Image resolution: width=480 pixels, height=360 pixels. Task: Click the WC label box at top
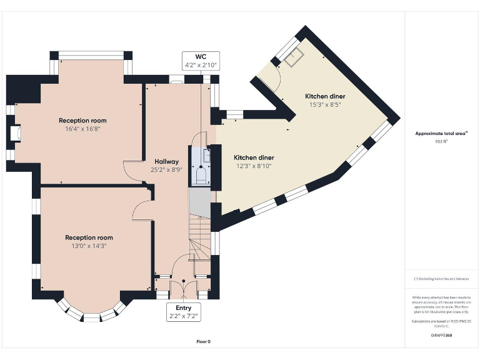coord(200,61)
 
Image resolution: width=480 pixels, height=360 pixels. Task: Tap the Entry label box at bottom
coord(184,312)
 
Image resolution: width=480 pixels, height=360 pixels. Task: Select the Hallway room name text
coord(166,162)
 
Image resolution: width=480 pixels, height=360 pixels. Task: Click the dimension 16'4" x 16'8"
coord(82,129)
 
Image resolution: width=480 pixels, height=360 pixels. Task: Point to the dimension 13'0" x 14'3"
coord(89,246)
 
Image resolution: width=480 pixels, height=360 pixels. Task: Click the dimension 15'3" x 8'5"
coord(325,104)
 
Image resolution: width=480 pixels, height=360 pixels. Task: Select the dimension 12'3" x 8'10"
coord(254,166)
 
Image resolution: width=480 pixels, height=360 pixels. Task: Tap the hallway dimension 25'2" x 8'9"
coord(166,169)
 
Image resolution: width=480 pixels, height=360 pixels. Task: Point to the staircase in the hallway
coord(200,237)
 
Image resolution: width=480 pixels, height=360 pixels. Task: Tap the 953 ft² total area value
coord(441,142)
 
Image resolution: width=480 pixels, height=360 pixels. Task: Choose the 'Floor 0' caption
coord(202,342)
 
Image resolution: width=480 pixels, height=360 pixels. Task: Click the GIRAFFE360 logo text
coord(441,336)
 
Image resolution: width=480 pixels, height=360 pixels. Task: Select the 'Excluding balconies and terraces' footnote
coord(441,279)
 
